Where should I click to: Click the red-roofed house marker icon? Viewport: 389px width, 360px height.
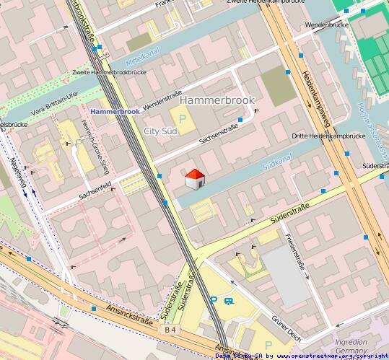(x=193, y=180)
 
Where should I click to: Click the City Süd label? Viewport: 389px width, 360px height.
(x=161, y=131)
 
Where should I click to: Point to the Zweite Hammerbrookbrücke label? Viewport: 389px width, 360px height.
(x=110, y=74)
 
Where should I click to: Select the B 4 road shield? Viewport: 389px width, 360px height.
(x=170, y=330)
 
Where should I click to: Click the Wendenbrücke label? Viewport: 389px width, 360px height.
(x=327, y=25)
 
